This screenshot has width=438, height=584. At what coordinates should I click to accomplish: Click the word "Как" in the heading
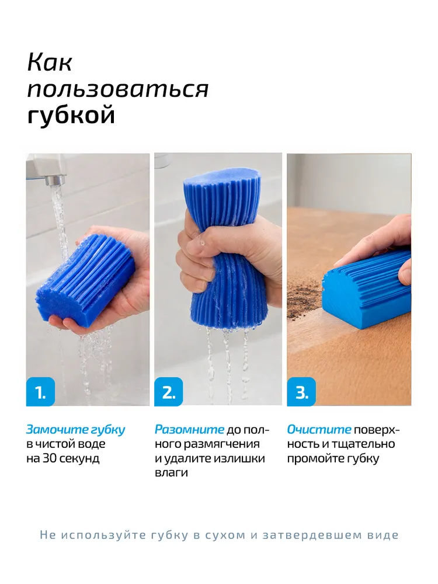pyautogui.click(x=50, y=62)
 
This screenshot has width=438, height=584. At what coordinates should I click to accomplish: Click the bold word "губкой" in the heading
pyautogui.click(x=71, y=115)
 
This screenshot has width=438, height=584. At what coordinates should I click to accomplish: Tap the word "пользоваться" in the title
pyautogui.click(x=118, y=89)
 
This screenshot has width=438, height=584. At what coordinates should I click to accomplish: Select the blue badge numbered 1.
pyautogui.click(x=41, y=391)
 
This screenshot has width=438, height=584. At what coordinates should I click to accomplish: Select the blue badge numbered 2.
pyautogui.click(x=169, y=391)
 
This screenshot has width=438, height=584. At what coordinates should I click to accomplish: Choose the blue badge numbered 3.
pyautogui.click(x=301, y=391)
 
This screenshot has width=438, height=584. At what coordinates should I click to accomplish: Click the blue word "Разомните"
pyautogui.click(x=190, y=429)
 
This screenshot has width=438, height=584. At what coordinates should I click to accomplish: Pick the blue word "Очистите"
pyautogui.click(x=319, y=429)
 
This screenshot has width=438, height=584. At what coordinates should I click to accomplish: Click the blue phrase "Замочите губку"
pyautogui.click(x=75, y=430)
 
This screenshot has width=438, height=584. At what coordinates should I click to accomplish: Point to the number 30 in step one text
pyautogui.click(x=50, y=458)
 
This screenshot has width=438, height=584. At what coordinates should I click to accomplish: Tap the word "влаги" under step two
pyautogui.click(x=171, y=473)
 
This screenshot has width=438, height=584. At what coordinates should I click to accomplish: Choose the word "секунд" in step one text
pyautogui.click(x=79, y=458)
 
